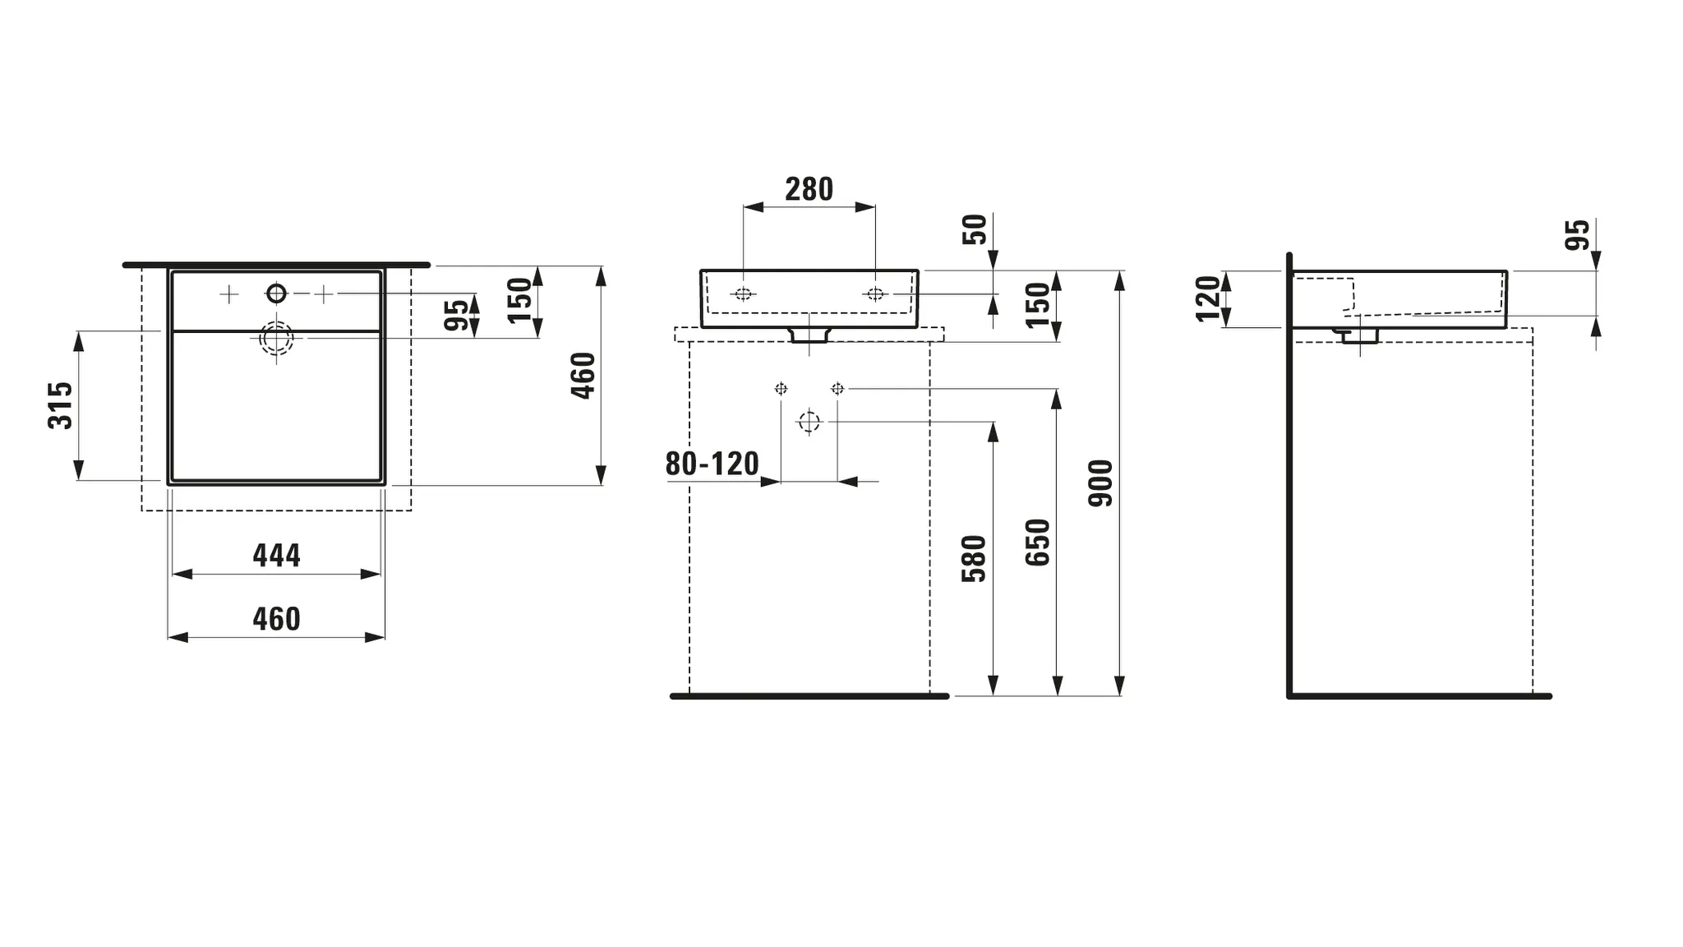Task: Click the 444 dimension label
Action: (276, 556)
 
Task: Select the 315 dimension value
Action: (61, 405)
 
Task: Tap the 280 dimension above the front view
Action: (809, 190)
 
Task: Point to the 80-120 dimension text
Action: (712, 464)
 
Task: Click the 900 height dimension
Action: (1101, 483)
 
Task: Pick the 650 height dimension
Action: (1038, 543)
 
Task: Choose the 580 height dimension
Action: (974, 559)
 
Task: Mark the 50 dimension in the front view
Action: (974, 229)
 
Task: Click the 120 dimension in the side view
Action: (1209, 298)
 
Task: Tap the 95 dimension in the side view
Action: (1577, 235)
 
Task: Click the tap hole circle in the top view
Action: (276, 293)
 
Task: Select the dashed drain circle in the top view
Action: (276, 338)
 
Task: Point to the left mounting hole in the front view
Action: (743, 294)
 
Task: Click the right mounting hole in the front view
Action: (875, 294)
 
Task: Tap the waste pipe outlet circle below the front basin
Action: (809, 422)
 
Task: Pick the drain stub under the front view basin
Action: (809, 335)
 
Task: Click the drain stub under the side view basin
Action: (1360, 335)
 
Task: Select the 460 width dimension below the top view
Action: (276, 619)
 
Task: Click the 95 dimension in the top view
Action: (456, 315)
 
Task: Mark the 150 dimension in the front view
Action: (1038, 304)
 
